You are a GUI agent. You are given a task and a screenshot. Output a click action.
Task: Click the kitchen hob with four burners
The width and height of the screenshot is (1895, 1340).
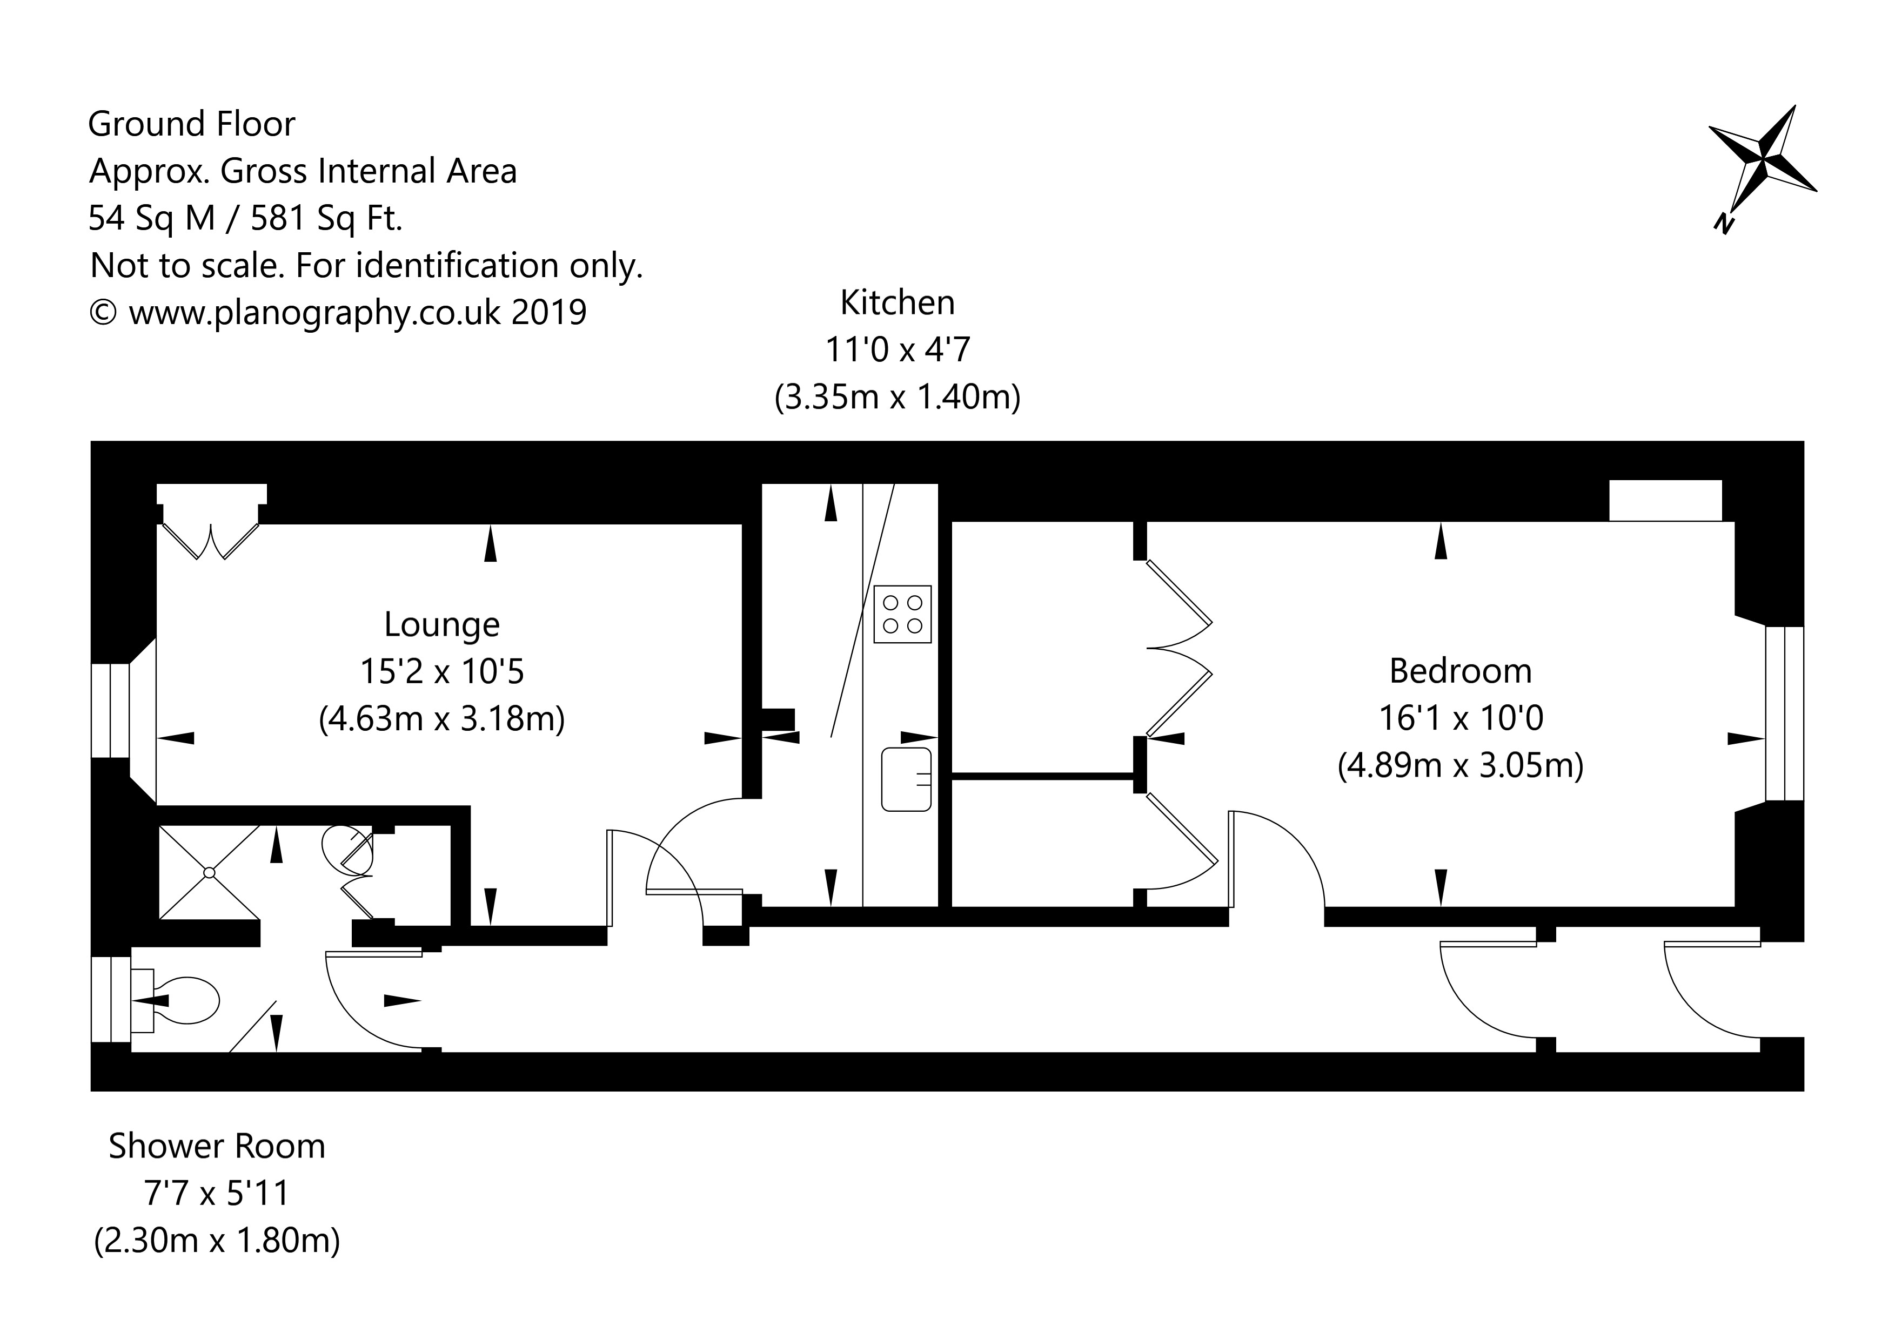[x=902, y=615]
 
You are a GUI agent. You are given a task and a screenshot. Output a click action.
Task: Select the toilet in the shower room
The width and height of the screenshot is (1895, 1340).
[x=186, y=1001]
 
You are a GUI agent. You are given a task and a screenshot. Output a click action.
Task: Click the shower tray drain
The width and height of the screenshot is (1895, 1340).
[x=209, y=873]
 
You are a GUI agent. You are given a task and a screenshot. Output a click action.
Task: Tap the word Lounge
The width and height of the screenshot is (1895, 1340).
[x=441, y=624]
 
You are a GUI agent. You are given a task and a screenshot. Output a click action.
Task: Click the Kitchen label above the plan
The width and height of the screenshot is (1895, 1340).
[x=897, y=303]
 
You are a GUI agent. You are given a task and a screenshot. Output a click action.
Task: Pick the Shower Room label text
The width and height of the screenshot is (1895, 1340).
[x=217, y=1146]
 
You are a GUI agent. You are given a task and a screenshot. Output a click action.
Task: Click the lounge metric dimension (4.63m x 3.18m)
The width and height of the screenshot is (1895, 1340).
[x=441, y=719]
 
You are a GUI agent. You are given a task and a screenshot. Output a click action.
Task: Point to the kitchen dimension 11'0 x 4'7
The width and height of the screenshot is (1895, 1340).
[x=897, y=350]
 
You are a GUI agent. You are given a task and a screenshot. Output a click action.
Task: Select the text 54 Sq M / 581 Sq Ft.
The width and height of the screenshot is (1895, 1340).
[x=246, y=218]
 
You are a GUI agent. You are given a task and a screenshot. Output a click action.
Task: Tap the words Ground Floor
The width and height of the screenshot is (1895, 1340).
[x=191, y=124]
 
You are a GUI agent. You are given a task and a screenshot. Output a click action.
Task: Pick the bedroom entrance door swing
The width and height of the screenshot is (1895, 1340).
[x=1275, y=858]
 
